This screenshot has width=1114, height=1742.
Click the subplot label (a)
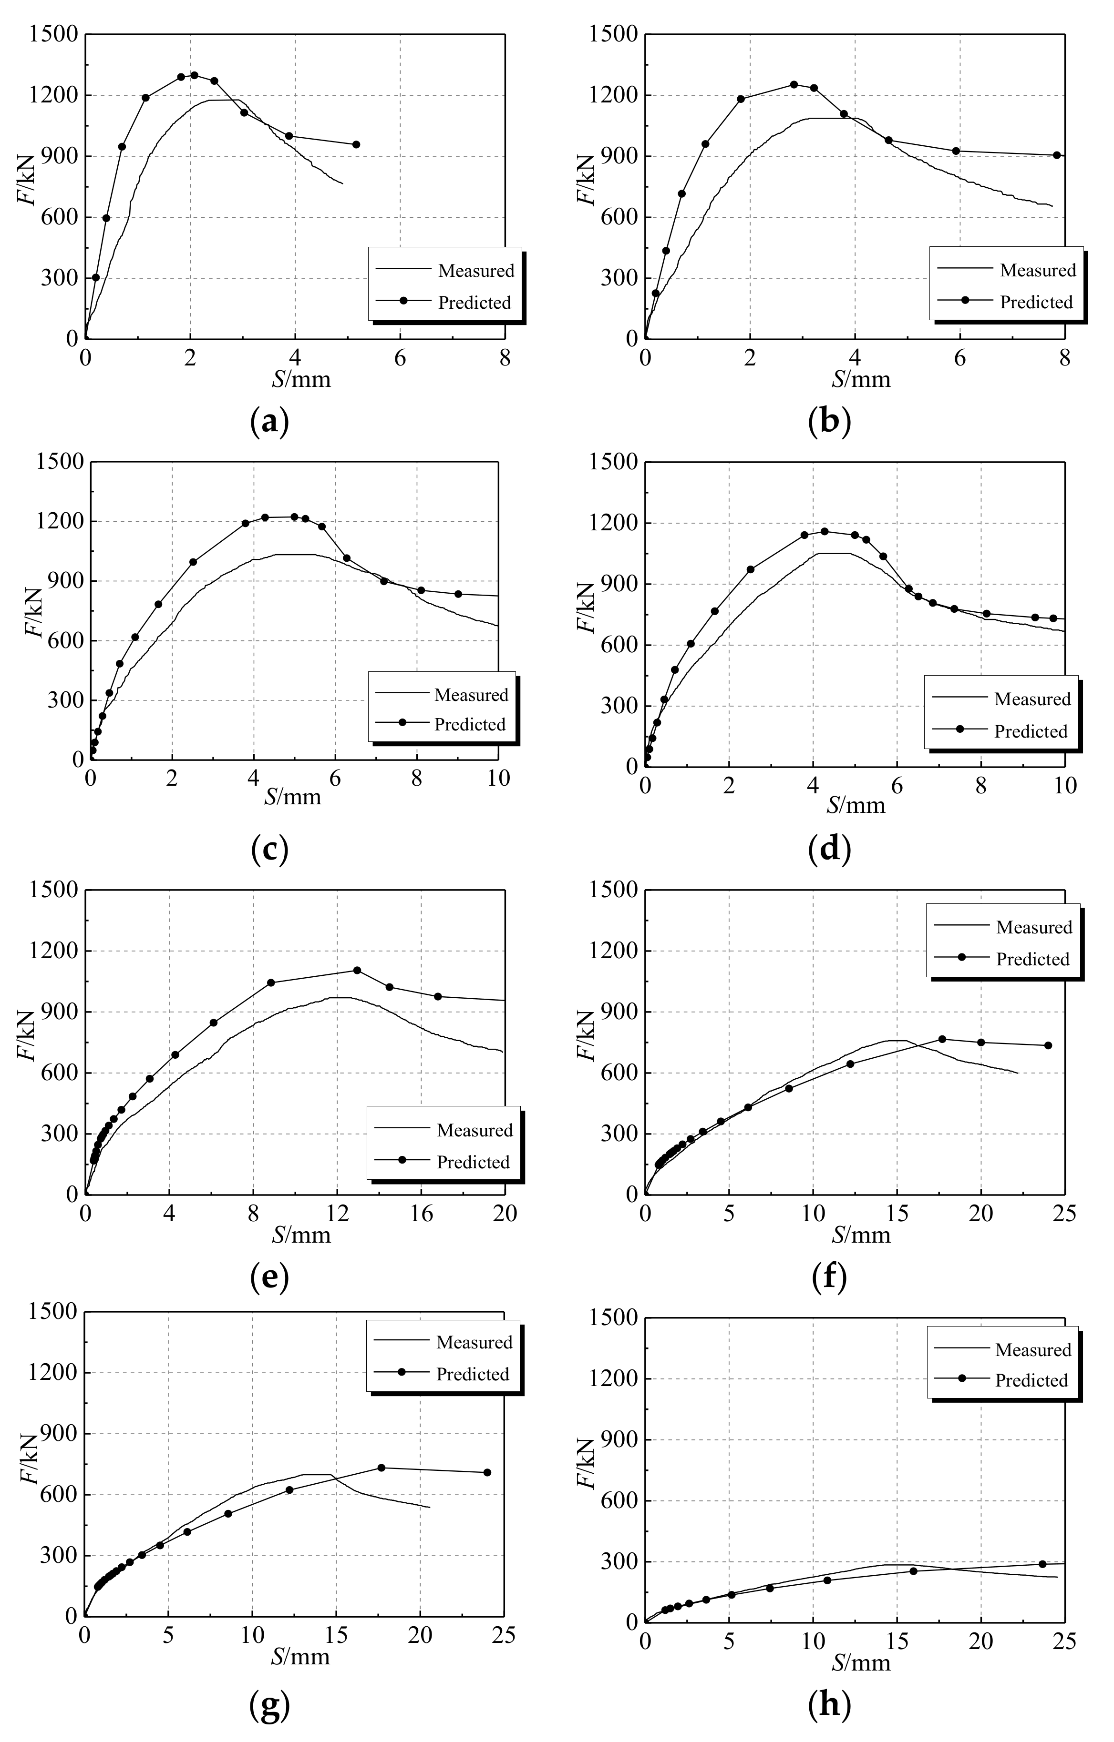269,422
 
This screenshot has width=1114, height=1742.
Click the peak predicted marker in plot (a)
194,75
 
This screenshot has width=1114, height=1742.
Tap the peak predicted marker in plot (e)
357,970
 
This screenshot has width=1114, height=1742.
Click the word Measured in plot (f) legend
1034,927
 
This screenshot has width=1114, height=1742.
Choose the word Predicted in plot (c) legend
470,725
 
